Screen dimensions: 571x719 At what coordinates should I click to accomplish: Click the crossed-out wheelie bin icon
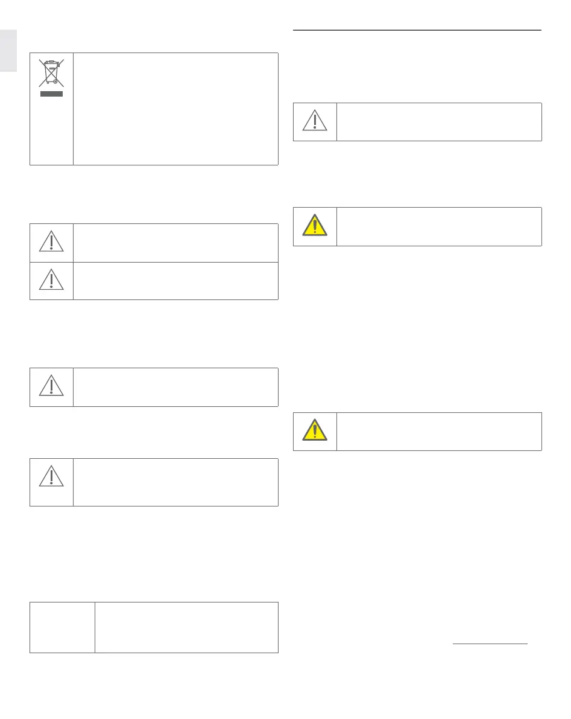pos(51,73)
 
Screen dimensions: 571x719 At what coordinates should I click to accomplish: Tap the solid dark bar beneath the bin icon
pos(51,94)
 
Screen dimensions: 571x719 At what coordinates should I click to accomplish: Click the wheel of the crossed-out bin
pos(55,81)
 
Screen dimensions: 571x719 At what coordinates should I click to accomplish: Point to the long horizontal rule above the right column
pos(417,30)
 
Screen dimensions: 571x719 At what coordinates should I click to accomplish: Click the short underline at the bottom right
pos(490,644)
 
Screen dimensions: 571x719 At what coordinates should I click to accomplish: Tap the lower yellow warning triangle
pos(315,430)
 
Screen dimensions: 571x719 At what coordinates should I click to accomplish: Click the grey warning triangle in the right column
pos(315,121)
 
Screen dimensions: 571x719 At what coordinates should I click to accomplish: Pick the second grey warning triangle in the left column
pos(51,280)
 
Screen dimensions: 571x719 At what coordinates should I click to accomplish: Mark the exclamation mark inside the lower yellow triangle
pos(315,432)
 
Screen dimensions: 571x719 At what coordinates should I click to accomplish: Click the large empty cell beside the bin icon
pos(175,109)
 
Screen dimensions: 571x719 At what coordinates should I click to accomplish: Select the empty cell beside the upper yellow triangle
pos(438,226)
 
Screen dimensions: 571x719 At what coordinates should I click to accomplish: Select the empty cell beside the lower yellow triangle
pos(438,431)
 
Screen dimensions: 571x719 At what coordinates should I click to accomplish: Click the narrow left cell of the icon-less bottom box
pos(62,627)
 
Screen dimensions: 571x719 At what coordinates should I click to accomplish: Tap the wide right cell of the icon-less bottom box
pos(186,627)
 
